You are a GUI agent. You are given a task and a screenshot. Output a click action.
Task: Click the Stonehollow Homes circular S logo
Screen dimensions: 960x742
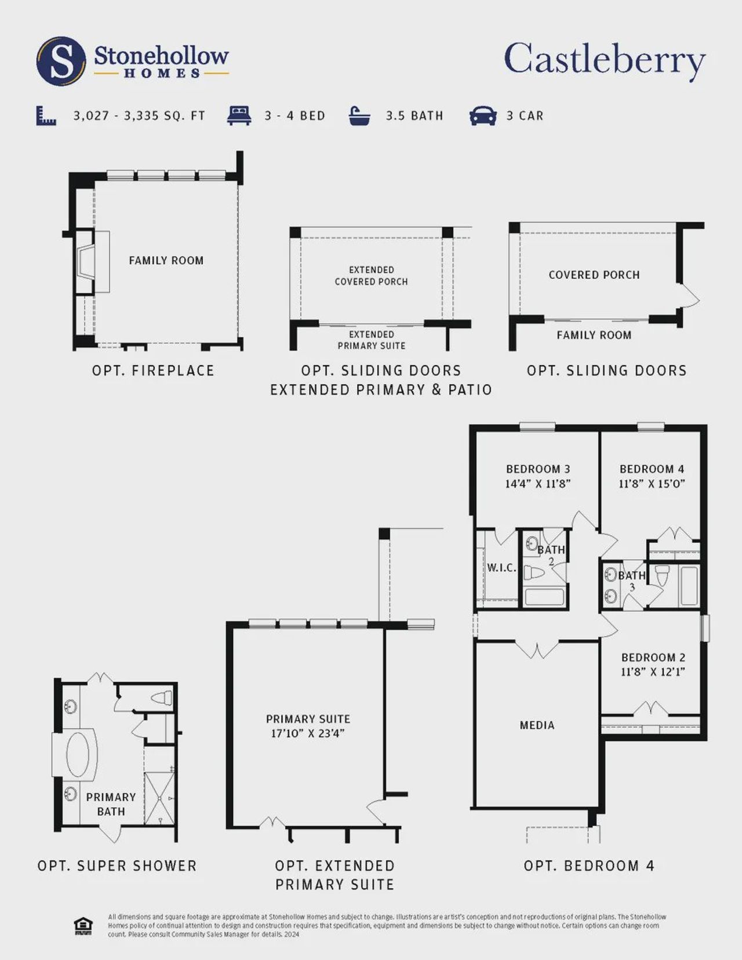[x=61, y=61]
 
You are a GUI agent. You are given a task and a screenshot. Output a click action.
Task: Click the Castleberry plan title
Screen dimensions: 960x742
[x=605, y=60]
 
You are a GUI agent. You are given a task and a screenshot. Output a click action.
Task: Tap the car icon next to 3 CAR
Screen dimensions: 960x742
[x=483, y=115]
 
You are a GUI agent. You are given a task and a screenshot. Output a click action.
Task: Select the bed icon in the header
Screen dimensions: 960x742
[x=239, y=115]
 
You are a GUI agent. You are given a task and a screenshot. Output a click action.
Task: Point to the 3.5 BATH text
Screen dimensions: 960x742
[x=414, y=116]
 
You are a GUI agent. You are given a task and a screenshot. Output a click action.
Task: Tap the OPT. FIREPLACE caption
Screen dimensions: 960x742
[x=153, y=371]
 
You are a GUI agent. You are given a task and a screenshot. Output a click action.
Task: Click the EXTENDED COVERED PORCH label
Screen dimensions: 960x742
[x=371, y=276]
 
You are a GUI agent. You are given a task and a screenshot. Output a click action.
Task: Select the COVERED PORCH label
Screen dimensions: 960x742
[x=594, y=275]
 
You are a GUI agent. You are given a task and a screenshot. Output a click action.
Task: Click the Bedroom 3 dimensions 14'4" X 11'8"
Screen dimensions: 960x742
[x=538, y=484]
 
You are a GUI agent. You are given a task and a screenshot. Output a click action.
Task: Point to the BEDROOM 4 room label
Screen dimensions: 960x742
[x=652, y=469]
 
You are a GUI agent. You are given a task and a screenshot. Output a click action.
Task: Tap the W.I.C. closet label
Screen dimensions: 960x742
[x=501, y=568]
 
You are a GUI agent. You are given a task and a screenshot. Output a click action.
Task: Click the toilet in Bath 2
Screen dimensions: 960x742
[x=533, y=573]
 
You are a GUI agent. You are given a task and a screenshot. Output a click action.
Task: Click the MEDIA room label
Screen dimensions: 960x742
[x=537, y=725]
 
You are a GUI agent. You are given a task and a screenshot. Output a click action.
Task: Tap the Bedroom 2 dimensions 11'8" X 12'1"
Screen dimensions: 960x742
[x=653, y=672]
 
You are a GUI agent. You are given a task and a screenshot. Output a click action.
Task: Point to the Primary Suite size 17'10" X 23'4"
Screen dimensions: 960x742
[x=308, y=733]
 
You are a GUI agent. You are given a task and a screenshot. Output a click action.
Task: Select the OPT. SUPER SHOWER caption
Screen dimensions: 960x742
[x=117, y=866]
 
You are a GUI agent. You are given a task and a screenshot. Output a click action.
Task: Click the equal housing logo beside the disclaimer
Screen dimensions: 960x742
[x=83, y=926]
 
